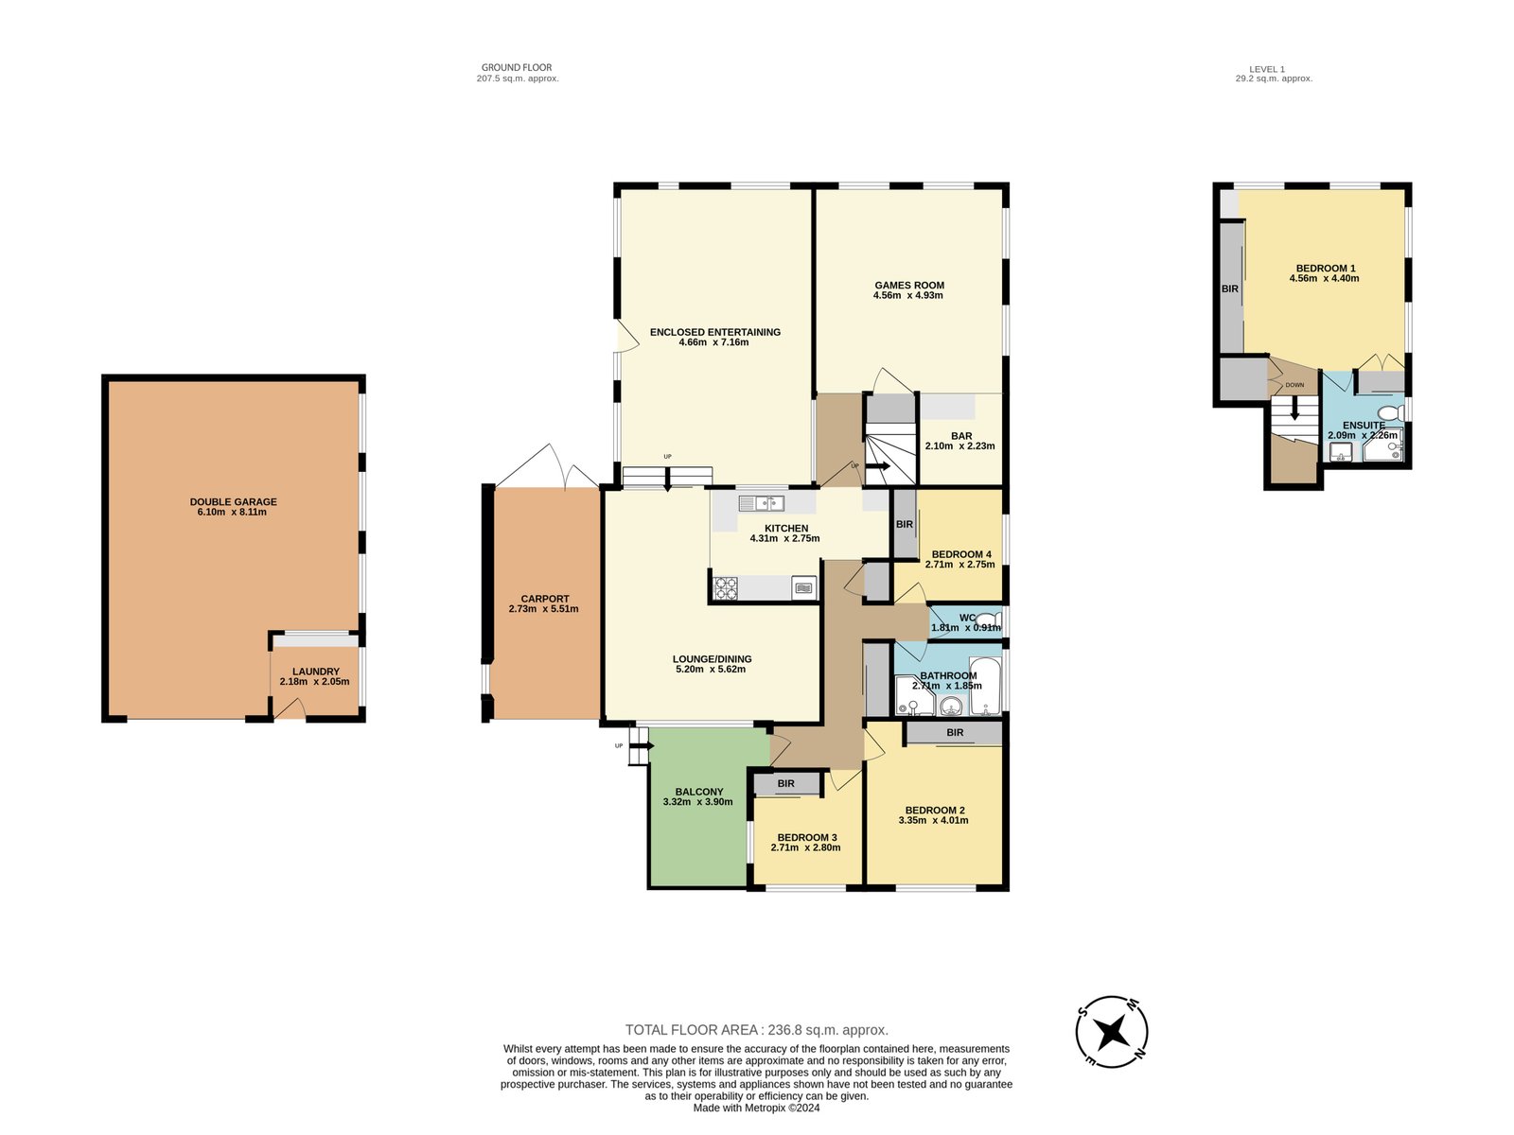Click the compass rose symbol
click(x=1113, y=1031)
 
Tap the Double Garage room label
click(x=233, y=502)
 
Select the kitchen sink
click(x=762, y=503)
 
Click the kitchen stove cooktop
click(x=726, y=588)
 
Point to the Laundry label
click(x=315, y=672)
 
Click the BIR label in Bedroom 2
click(x=955, y=733)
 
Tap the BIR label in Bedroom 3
click(x=785, y=784)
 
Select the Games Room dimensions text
click(x=907, y=296)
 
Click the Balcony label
click(x=698, y=792)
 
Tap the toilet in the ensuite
click(x=1389, y=413)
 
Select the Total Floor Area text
click(x=756, y=1030)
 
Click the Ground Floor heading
click(x=517, y=67)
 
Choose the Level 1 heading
click(x=1267, y=69)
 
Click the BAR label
click(x=961, y=436)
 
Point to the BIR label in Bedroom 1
click(x=1229, y=288)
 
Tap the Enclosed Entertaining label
click(x=714, y=332)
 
